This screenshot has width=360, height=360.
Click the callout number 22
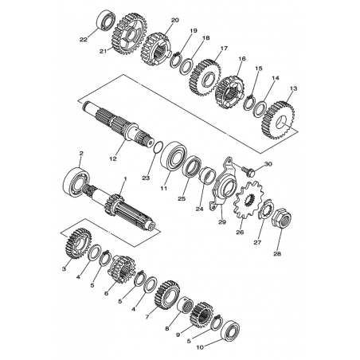(84, 40)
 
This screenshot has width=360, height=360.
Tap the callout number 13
(293, 88)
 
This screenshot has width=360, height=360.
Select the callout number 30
(268, 164)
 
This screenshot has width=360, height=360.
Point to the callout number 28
(277, 254)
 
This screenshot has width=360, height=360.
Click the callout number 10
(200, 347)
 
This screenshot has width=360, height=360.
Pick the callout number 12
(113, 158)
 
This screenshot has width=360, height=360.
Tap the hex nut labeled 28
(282, 220)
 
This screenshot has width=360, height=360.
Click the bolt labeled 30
(248, 170)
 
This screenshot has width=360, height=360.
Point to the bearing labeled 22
(107, 19)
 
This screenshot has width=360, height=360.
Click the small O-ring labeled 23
(158, 147)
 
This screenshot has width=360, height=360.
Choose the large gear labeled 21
(129, 33)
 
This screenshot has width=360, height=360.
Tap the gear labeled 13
(279, 120)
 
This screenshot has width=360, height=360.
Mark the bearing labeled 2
(76, 181)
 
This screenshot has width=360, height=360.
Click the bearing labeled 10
(230, 331)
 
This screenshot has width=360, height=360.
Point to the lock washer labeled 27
(265, 211)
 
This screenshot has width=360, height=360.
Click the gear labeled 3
(78, 243)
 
